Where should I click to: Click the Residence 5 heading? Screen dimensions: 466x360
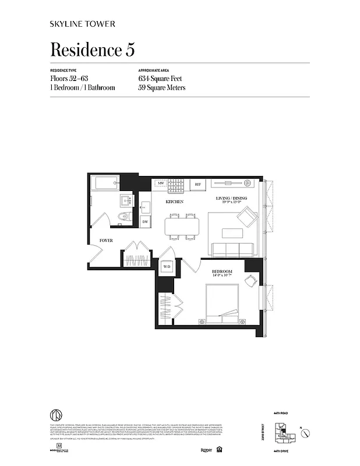[x=93, y=50]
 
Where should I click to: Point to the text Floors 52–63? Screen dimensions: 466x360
[x=69, y=78]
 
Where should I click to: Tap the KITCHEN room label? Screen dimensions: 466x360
[x=174, y=202]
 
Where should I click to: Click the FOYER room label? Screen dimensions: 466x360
[x=106, y=240]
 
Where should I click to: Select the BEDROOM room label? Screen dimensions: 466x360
[x=222, y=272]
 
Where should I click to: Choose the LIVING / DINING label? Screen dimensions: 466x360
[x=232, y=199]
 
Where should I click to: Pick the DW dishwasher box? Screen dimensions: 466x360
[x=145, y=222]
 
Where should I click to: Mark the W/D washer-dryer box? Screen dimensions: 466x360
[x=167, y=267]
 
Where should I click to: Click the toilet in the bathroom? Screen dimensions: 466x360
[x=122, y=218]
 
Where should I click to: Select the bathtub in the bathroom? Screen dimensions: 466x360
[x=105, y=184]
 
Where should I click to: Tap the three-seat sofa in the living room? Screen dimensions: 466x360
[x=232, y=249]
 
